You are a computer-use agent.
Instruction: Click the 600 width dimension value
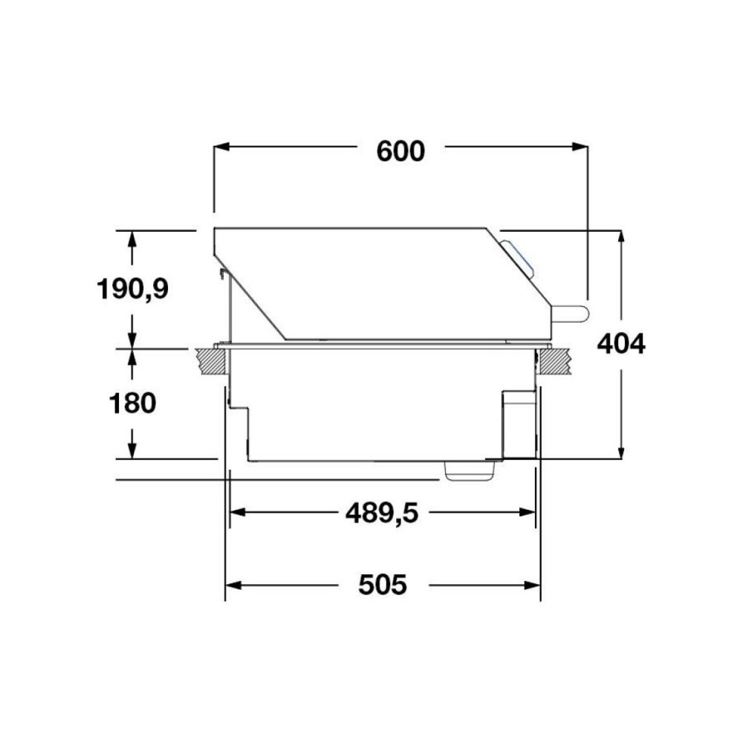400,151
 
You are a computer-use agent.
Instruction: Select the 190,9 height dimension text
133,288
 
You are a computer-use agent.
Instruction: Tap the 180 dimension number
132,403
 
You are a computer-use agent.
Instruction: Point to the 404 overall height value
621,344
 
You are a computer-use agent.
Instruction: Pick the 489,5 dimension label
382,512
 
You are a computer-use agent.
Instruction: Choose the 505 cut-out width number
383,585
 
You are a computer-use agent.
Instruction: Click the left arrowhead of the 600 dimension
221,147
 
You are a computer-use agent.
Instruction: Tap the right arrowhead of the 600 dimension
580,147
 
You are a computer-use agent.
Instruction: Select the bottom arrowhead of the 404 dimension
621,452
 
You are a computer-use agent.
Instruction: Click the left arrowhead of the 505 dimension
233,585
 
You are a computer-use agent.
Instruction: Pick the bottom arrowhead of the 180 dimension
132,451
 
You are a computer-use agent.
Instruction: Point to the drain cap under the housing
470,470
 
